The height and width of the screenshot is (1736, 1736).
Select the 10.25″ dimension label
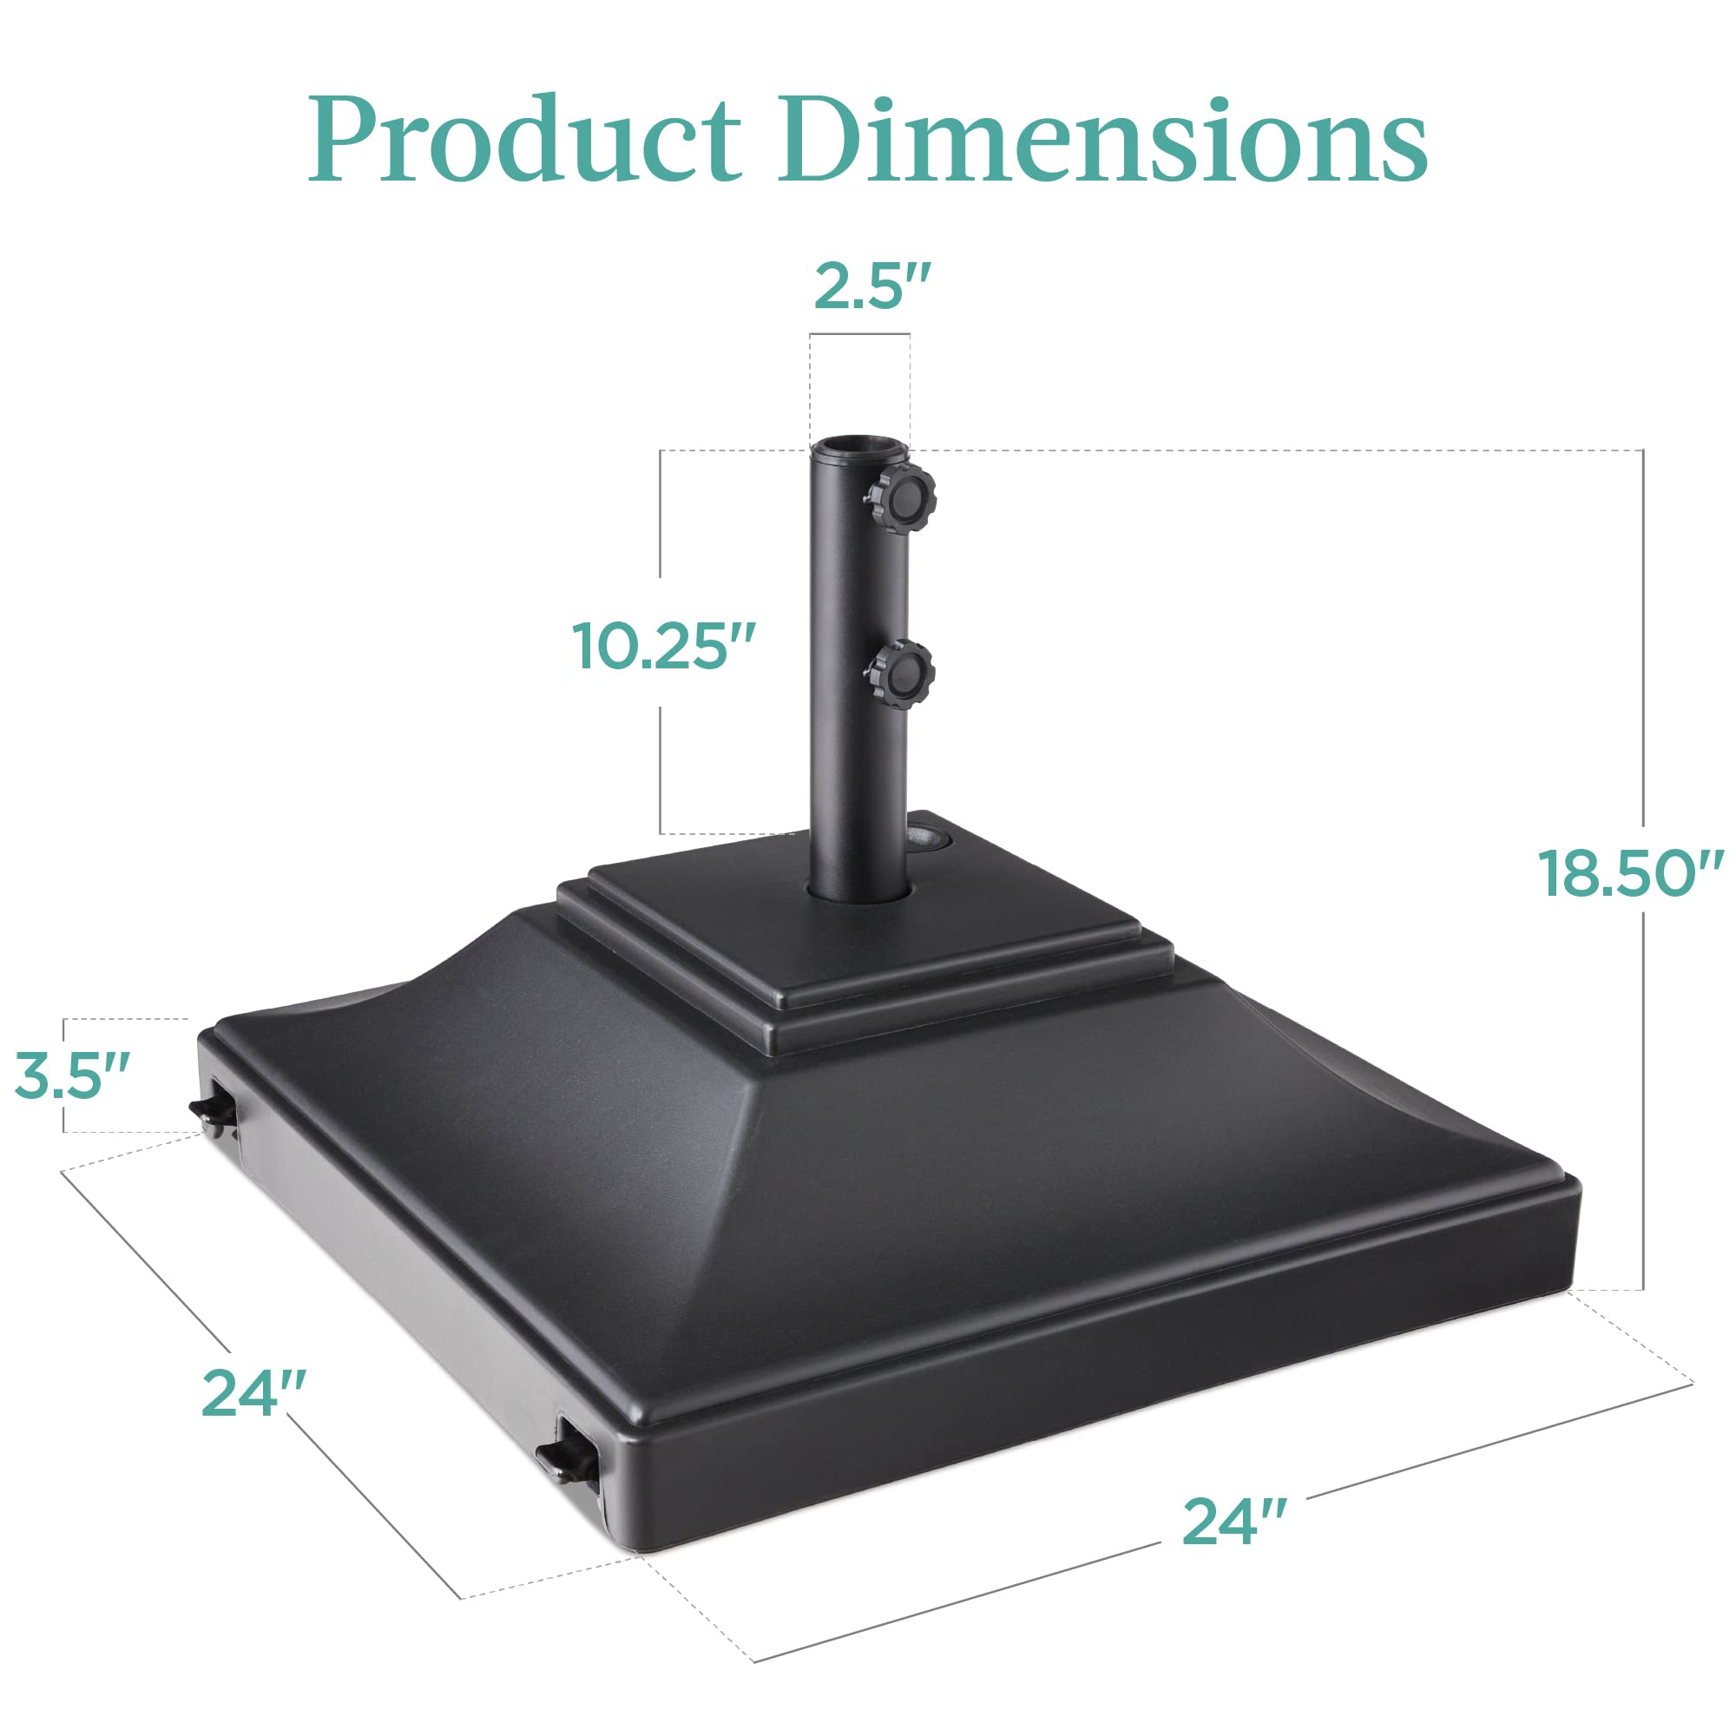pyautogui.click(x=663, y=645)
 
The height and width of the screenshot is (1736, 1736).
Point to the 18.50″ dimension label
pyautogui.click(x=1629, y=872)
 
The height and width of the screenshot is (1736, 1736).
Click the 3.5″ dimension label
pyautogui.click(x=73, y=1075)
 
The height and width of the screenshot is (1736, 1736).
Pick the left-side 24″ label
pyautogui.click(x=254, y=1394)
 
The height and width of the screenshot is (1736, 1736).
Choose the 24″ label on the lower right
pyautogui.click(x=1234, y=1522)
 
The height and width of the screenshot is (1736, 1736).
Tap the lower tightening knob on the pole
pyautogui.click(x=901, y=674)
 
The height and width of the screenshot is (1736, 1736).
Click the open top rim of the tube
pyautogui.click(x=859, y=445)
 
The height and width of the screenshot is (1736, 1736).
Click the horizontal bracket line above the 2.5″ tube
pyautogui.click(x=859, y=335)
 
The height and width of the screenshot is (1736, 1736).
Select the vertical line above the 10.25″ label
pyautogui.click(x=661, y=512)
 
